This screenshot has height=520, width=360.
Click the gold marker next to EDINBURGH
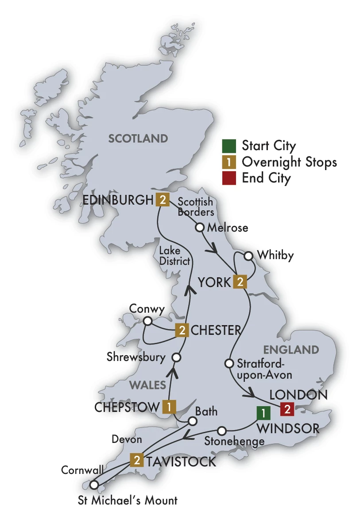(163, 200)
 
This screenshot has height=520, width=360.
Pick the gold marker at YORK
(239, 282)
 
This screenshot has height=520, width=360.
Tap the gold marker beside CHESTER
(182, 330)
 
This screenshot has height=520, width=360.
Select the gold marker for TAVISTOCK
(137, 461)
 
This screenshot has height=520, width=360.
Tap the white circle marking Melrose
(200, 228)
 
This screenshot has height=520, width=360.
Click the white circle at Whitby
(248, 256)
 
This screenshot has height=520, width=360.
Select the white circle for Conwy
(148, 320)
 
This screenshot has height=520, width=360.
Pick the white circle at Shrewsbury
(176, 357)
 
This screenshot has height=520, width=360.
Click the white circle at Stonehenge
(222, 430)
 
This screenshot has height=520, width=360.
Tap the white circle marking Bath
(192, 421)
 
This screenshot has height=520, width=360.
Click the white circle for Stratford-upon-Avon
(229, 364)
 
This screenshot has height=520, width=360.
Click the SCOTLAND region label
(138, 139)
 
